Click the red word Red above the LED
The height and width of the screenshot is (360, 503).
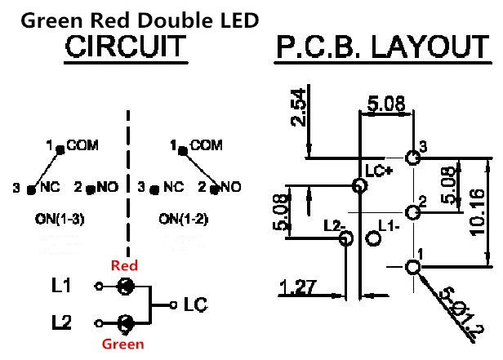124,266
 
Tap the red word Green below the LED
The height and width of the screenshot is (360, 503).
122,344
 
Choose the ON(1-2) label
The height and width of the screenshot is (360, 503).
182,219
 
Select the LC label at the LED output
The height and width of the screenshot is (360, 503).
194,305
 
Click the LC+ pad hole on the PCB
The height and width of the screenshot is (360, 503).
358,186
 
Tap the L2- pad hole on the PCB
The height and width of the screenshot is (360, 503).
345,238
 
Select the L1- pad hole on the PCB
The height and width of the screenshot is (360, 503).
375,239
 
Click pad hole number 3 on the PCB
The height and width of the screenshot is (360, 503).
412,158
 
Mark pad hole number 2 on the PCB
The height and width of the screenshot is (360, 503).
412,212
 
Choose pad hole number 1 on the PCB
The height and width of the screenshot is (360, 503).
412,266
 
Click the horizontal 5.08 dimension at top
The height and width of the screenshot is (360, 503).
386,105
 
